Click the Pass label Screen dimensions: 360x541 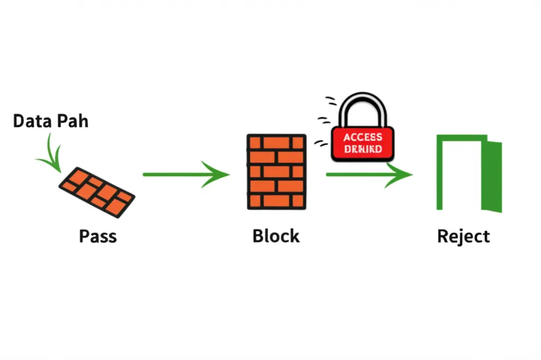(x=98, y=236)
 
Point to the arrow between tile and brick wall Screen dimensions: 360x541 (x=185, y=174)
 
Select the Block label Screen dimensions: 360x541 (x=276, y=236)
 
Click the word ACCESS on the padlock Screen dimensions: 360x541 (x=362, y=137)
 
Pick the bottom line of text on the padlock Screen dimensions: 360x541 (x=362, y=149)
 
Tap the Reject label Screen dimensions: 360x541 (x=463, y=236)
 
